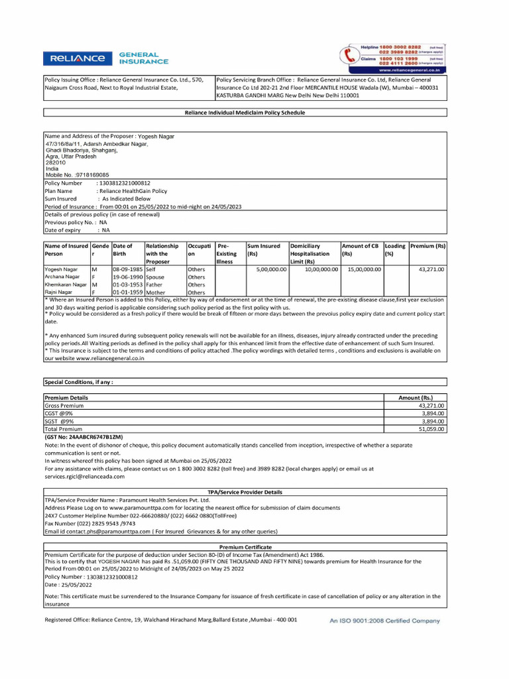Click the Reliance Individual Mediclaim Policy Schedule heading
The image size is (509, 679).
(245, 113)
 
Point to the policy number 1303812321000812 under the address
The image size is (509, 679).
(124, 183)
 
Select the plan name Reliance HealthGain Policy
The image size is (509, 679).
(132, 191)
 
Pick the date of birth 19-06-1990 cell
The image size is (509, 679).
(128, 277)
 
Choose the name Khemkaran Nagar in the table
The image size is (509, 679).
(66, 284)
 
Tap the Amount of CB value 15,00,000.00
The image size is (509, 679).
(362, 270)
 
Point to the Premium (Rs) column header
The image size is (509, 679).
(427, 246)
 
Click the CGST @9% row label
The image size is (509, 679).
(59, 413)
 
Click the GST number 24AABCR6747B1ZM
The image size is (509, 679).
(84, 438)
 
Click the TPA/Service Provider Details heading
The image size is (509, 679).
(245, 492)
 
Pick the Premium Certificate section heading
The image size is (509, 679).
(245, 547)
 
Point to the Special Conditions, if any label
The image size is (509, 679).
(78, 382)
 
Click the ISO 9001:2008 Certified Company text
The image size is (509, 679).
(384, 621)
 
